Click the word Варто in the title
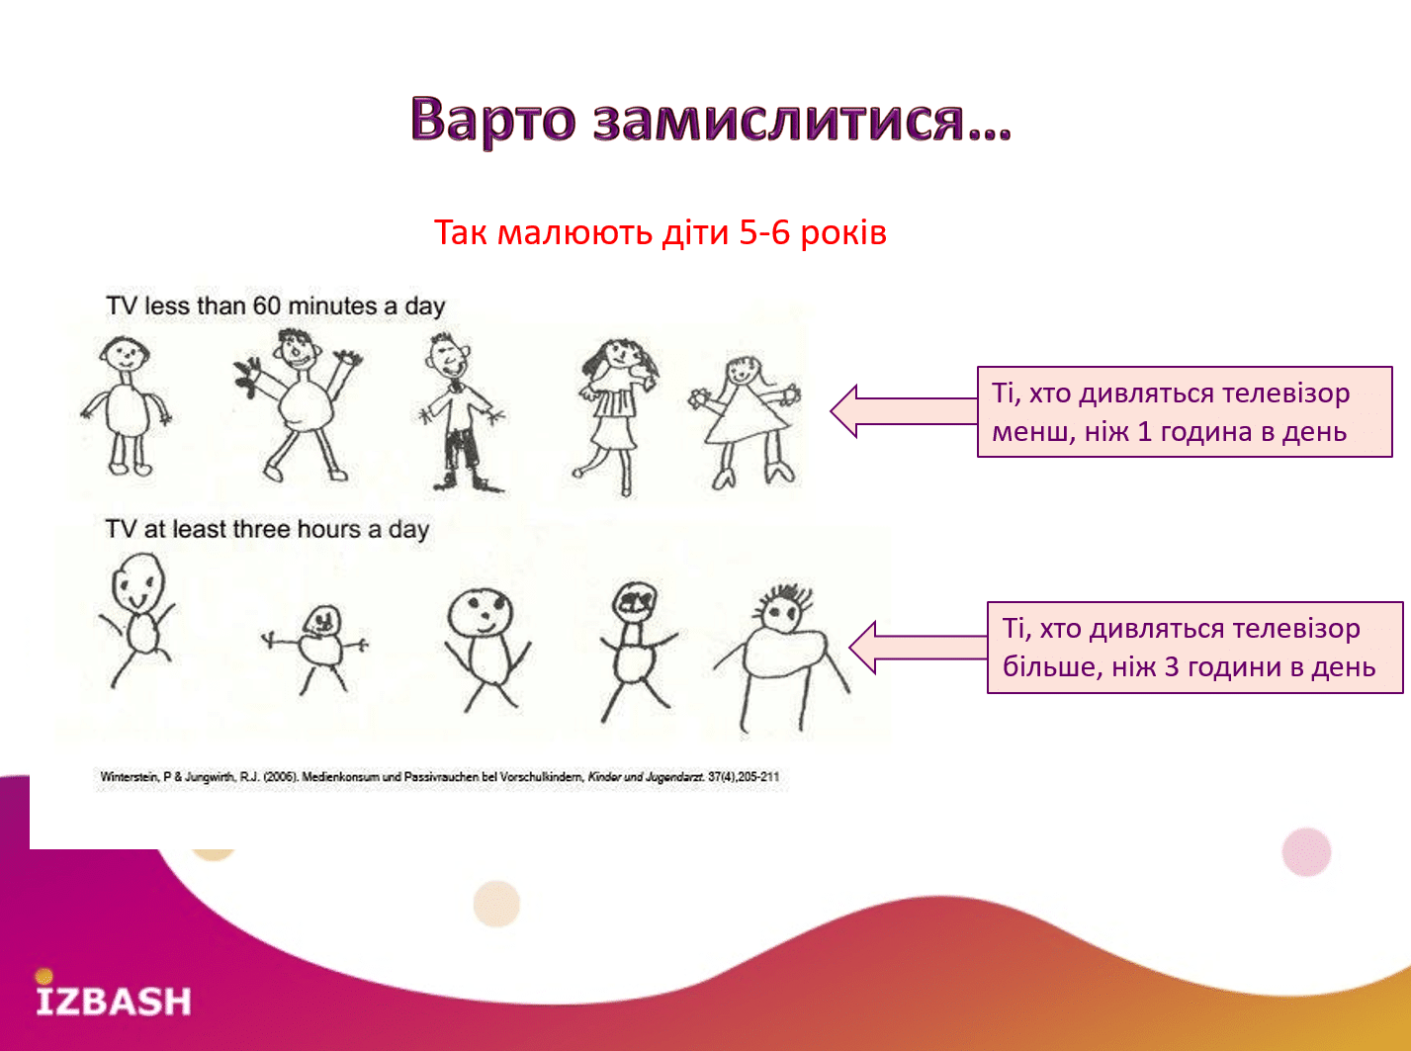tap(493, 119)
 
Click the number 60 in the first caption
tap(267, 307)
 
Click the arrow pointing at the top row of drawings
tap(904, 411)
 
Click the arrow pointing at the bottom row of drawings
tap(919, 647)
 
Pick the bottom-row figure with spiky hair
tap(781, 658)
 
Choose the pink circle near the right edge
tap(1306, 852)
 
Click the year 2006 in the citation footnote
tap(278, 777)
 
